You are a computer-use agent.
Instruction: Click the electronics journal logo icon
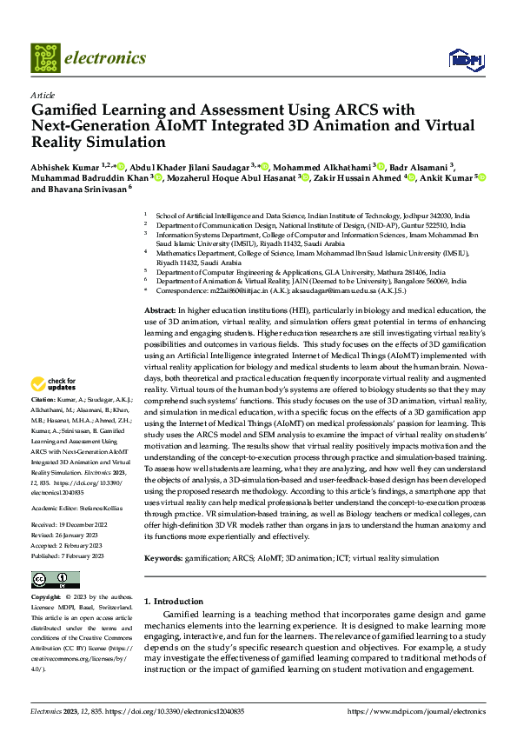pos(47,58)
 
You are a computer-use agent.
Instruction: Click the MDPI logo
pos(464,58)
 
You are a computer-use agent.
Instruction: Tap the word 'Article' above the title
pos(43,95)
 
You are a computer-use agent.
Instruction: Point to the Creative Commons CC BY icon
pos(55,580)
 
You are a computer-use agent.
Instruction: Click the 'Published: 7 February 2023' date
pos(69,554)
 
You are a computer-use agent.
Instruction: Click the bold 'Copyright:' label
pos(45,597)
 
